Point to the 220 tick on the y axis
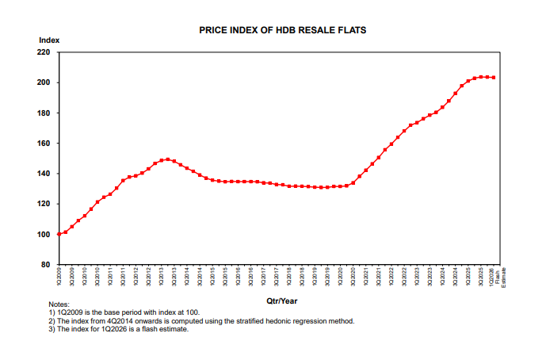pyautogui.click(x=44, y=52)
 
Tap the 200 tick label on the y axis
pyautogui.click(x=44, y=82)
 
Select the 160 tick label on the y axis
pyautogui.click(x=44, y=144)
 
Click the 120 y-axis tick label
pyautogui.click(x=44, y=204)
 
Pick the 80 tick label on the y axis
pyautogui.click(x=46, y=265)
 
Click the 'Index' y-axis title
pyautogui.click(x=48, y=40)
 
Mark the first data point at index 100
pyautogui.click(x=59, y=234)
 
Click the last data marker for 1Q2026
pyautogui.click(x=494, y=78)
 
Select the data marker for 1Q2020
pyautogui.click(x=341, y=186)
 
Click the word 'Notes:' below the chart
pyautogui.click(x=59, y=304)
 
